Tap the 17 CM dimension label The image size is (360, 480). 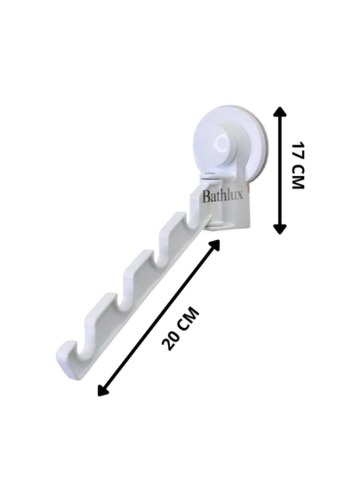pyautogui.click(x=297, y=165)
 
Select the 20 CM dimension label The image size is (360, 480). pyautogui.click(x=181, y=328)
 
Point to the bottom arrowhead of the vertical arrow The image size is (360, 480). pyautogui.click(x=279, y=229)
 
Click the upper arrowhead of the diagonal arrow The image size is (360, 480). pyautogui.click(x=215, y=245)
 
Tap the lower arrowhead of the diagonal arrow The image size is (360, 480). pyautogui.click(x=102, y=391)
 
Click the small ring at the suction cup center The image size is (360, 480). pyautogui.click(x=222, y=143)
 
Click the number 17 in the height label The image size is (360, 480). pyautogui.click(x=297, y=150)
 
